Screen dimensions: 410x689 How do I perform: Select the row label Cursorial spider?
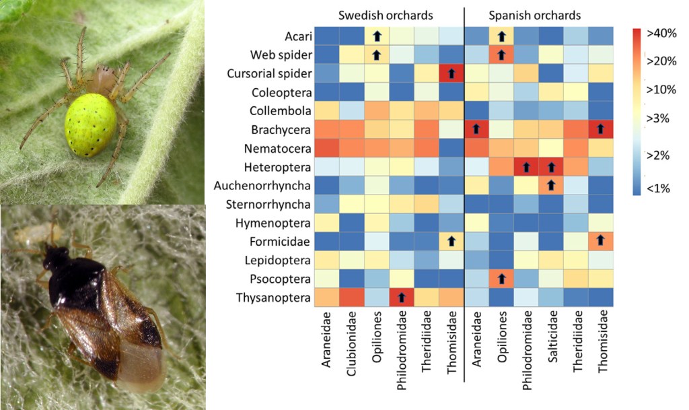[x=268, y=73]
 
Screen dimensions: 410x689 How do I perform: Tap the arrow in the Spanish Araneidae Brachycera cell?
[x=476, y=129]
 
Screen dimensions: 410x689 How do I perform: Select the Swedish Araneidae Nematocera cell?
[x=326, y=147]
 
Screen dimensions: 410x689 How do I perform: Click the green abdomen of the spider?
[x=91, y=125]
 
